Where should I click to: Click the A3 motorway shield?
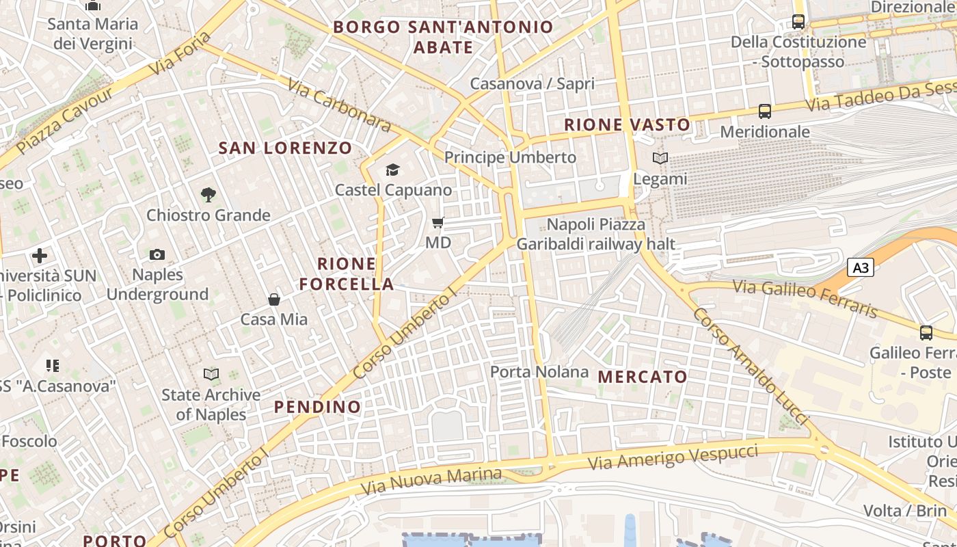[x=861, y=267]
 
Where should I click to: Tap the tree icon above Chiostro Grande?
[x=208, y=195]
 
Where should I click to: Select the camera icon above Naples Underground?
[x=157, y=254]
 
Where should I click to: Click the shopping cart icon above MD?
[x=438, y=222]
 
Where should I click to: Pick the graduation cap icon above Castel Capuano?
[x=392, y=170]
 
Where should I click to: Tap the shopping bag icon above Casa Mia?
[x=273, y=299]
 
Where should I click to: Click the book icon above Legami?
[x=660, y=159]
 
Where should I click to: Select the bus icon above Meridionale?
[x=765, y=111]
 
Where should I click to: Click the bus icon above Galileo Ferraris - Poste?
[x=926, y=333]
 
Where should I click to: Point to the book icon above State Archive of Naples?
[x=211, y=374]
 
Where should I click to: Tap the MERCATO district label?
[x=643, y=377]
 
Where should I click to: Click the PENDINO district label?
[x=317, y=407]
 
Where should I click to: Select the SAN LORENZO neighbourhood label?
[x=285, y=148]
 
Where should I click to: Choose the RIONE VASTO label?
[x=627, y=124]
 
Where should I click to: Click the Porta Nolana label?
[x=539, y=372]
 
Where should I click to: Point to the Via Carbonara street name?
[x=339, y=105]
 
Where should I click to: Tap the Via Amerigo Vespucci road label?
[x=673, y=457]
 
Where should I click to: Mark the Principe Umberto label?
[x=510, y=157]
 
